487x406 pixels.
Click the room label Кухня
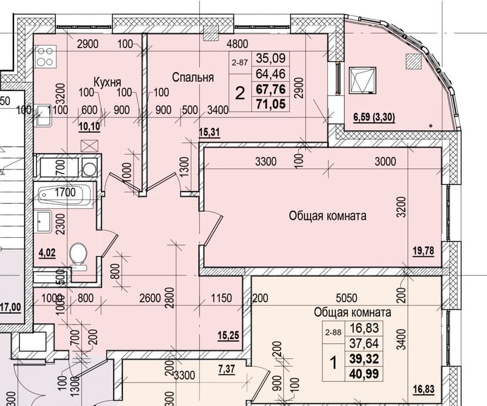(x=107, y=82)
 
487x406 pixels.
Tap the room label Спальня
(x=193, y=77)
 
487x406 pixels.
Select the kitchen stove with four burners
(x=46, y=56)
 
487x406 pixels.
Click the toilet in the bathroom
(x=78, y=257)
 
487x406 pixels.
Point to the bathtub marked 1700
(x=65, y=195)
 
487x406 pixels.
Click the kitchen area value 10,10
(x=89, y=127)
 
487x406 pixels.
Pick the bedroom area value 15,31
(x=209, y=132)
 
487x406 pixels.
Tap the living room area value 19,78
(x=423, y=250)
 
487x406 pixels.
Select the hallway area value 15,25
(x=228, y=335)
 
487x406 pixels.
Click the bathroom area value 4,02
(x=47, y=253)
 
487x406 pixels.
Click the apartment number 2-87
(x=239, y=63)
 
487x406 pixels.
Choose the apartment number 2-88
(x=333, y=333)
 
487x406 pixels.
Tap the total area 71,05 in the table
(x=271, y=103)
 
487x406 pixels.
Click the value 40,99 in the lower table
(x=364, y=374)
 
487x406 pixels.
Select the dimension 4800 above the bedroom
(x=237, y=44)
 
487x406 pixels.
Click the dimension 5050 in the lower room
(x=346, y=298)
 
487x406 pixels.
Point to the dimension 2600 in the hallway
(x=150, y=298)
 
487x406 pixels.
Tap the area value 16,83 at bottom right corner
(x=423, y=389)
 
